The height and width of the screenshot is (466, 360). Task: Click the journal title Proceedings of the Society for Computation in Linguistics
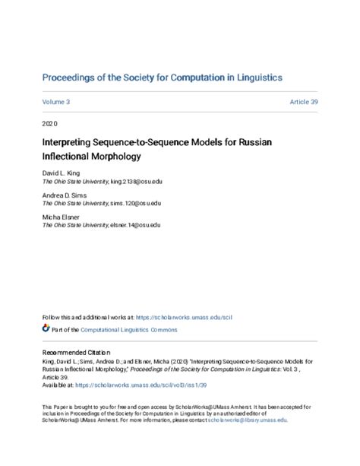[163, 78]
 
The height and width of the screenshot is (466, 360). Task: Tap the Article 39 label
[303, 101]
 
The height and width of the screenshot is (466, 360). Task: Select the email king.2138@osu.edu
[137, 182]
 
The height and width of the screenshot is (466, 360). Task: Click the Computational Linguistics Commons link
[123, 328]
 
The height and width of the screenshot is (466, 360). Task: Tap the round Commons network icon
[46, 328]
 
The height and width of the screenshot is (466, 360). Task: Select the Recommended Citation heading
[76, 353]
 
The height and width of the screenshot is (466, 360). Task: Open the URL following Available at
[140, 384]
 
